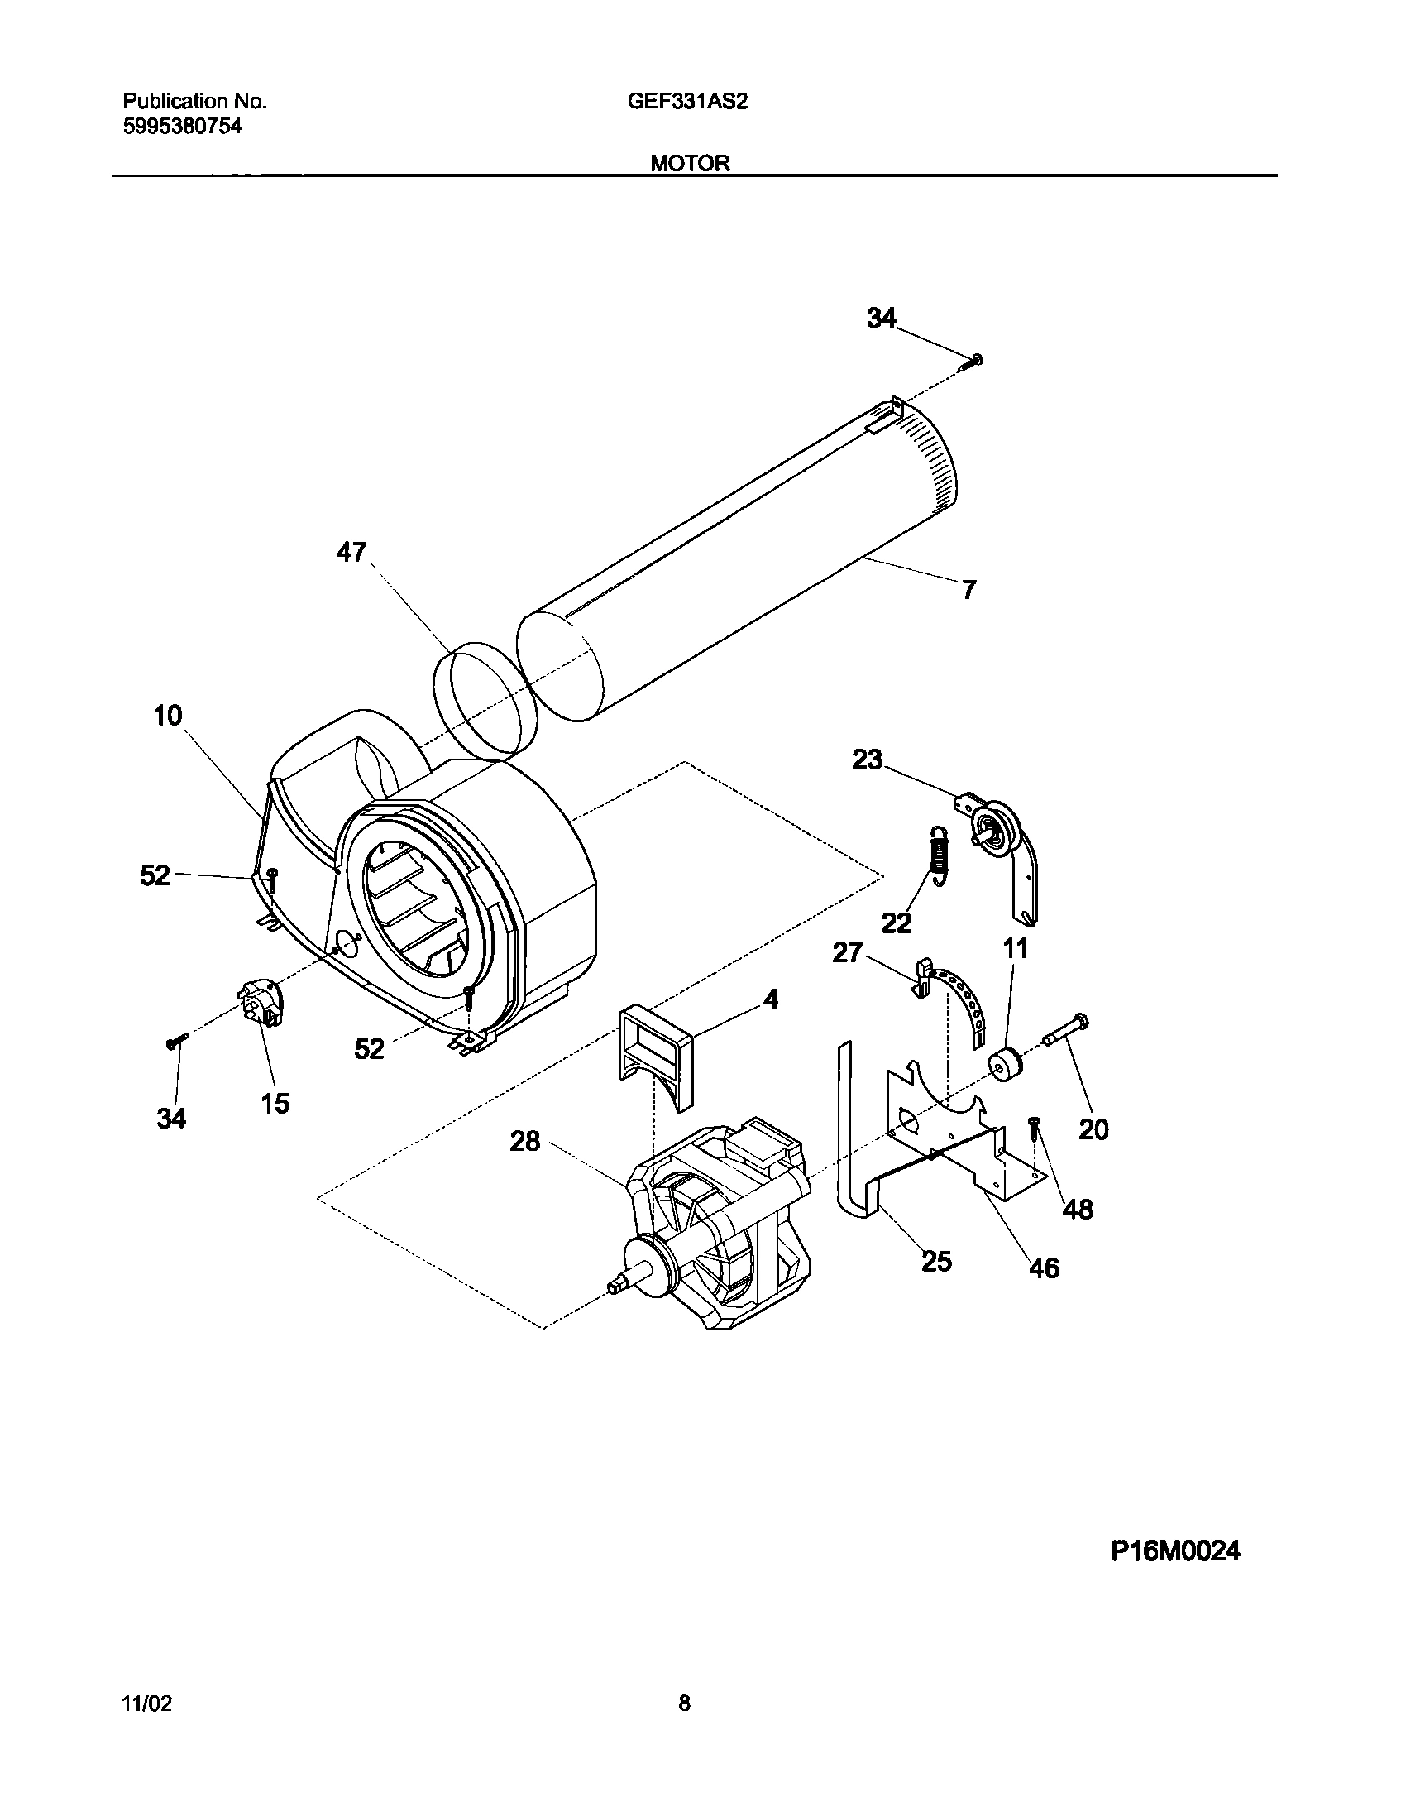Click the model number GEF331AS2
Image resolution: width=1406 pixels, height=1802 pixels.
point(687,101)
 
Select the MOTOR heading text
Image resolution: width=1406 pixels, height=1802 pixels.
point(690,163)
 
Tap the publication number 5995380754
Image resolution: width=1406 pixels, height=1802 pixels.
point(182,127)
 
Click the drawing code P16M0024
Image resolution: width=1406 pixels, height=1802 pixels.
point(1175,1551)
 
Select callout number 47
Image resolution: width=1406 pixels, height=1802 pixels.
point(351,552)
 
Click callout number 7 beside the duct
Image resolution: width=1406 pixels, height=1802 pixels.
point(968,589)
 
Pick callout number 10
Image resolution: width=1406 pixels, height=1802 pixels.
point(168,716)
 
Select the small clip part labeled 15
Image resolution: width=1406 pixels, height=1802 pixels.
point(261,1003)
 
